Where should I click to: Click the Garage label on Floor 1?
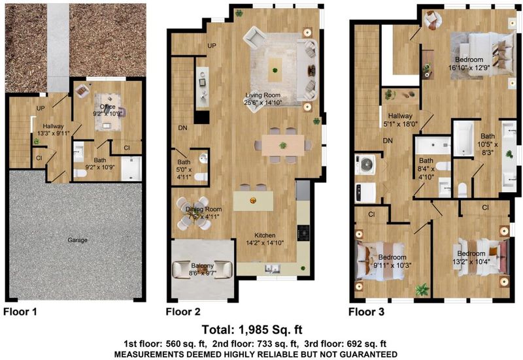(77, 240)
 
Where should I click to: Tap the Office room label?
(107, 106)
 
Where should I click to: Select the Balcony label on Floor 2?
(202, 266)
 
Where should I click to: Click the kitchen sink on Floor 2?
(272, 269)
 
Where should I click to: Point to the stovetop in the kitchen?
(303, 231)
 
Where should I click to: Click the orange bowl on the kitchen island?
(253, 201)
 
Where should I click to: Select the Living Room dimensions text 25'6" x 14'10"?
(263, 103)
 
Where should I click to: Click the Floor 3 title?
(366, 312)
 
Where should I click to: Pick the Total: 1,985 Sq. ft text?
(252, 330)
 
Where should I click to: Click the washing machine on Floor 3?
(365, 164)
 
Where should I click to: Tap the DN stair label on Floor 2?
(182, 128)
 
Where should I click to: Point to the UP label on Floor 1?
(41, 108)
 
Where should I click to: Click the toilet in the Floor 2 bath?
(201, 177)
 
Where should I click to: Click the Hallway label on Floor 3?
(400, 116)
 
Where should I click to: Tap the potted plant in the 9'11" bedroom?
(422, 289)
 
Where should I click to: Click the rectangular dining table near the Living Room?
(283, 145)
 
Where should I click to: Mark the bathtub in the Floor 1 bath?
(131, 169)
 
